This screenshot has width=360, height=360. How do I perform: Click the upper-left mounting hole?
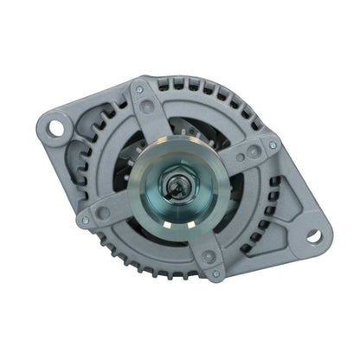coord(57,128)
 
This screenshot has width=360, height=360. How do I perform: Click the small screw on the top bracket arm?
coord(141,89)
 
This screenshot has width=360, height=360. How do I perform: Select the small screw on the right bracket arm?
coord(273,145)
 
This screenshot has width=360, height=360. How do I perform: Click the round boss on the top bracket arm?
coord(150,107)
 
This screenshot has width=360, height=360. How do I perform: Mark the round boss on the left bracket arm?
coord(103,212)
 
